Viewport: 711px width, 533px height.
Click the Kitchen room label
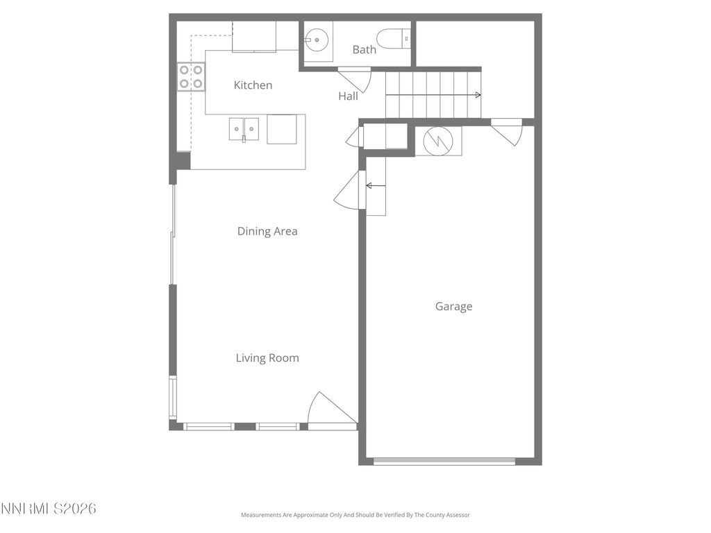253,85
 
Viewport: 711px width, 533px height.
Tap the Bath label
364,49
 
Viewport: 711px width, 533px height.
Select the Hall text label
348,96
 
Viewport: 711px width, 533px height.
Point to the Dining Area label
267,231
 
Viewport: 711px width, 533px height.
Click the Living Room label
267,358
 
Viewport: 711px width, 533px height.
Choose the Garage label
453,306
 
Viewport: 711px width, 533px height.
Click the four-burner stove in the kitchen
191,76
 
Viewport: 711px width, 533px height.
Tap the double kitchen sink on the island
244,128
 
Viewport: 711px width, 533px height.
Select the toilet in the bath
392,37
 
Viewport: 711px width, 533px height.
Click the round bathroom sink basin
318,40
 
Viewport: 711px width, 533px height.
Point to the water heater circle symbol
438,141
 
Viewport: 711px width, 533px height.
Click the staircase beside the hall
433,94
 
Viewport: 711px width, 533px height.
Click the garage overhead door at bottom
444,461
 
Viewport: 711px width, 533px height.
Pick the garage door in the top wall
508,131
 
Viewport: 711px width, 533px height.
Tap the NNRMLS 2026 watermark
48,509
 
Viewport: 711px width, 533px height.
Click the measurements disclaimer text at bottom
355,515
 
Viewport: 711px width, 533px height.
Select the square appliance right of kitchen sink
282,129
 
